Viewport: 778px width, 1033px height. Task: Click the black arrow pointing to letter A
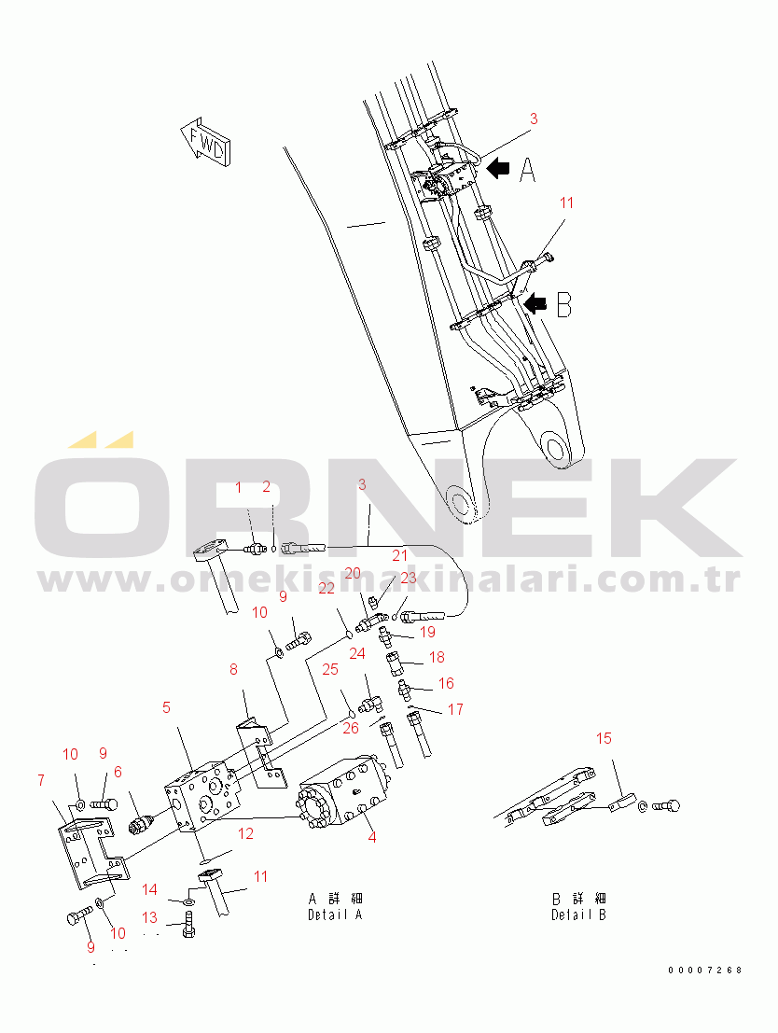tap(499, 169)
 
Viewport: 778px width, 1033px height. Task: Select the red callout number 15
tap(604, 738)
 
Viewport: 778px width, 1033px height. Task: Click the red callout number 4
tap(372, 837)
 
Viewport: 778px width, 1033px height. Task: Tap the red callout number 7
tap(41, 780)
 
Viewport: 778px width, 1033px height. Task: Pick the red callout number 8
tap(233, 669)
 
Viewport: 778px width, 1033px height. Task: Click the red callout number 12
tap(245, 833)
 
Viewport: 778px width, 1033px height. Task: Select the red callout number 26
tap(351, 727)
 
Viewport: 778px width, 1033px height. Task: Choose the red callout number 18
tap(437, 657)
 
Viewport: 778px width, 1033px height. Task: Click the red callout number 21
tap(400, 555)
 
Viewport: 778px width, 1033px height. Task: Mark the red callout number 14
tap(149, 889)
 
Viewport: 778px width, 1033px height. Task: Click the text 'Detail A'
tap(335, 914)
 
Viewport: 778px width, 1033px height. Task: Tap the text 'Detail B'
tap(578, 914)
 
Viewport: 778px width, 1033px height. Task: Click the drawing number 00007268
tap(705, 970)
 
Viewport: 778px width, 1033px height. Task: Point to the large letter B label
tap(563, 305)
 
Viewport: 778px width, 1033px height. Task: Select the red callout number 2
tap(266, 487)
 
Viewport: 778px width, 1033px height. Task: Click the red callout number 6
tap(118, 772)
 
